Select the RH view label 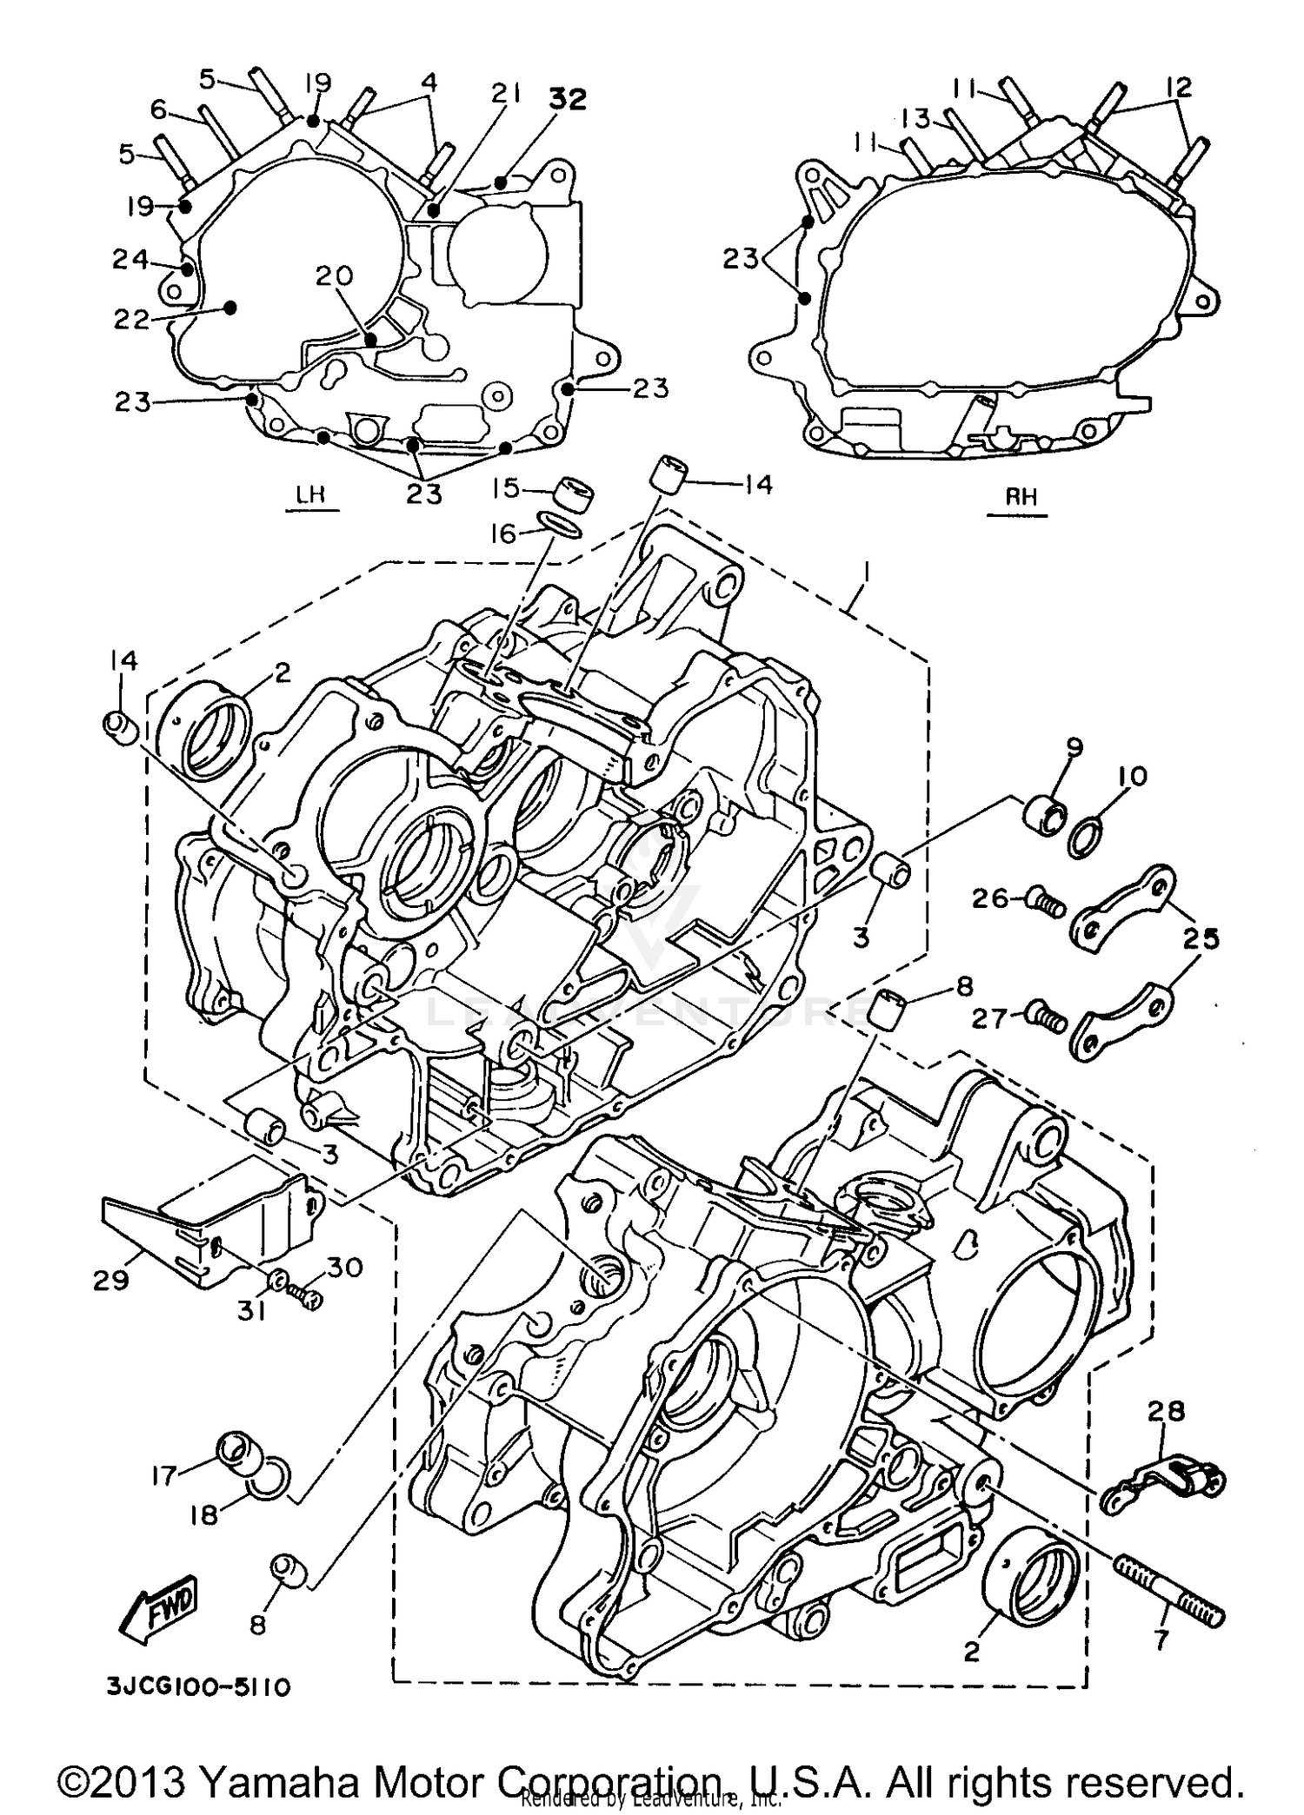(x=1021, y=498)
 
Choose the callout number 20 (x=334, y=277)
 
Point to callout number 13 (x=915, y=117)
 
